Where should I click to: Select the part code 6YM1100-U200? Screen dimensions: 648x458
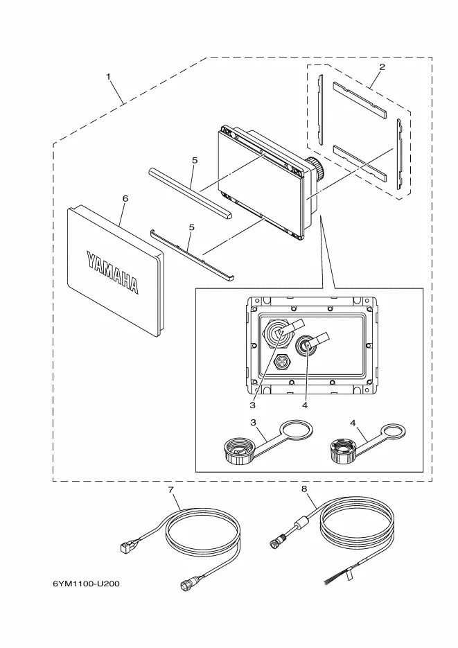[x=87, y=584]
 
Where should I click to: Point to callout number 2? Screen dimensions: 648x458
[x=382, y=67]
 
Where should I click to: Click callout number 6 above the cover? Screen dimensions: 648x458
[x=125, y=198]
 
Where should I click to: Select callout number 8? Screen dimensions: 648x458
[x=303, y=489]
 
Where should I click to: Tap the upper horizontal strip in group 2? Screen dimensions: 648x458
[x=360, y=91]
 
